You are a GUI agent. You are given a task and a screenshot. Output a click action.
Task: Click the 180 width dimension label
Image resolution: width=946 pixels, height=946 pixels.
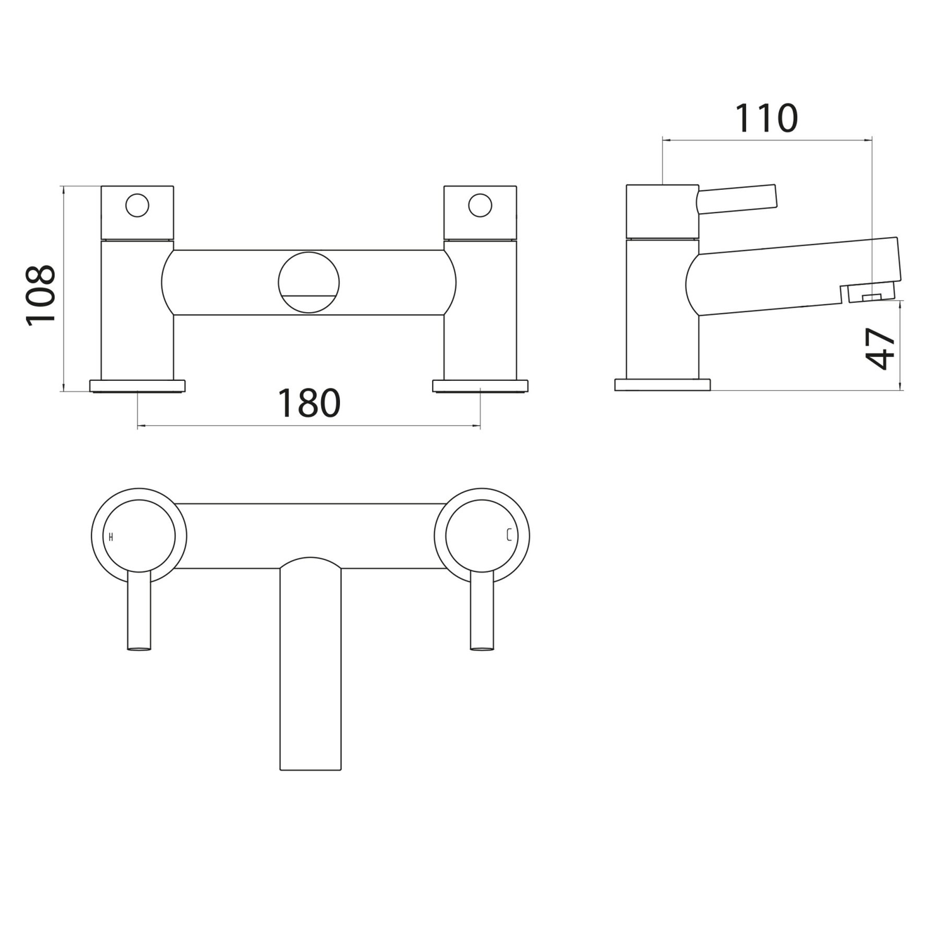(309, 404)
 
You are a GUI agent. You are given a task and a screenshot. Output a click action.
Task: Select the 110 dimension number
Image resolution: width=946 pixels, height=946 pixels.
(766, 119)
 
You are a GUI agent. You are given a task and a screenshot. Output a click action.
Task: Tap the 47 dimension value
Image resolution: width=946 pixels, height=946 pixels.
(881, 348)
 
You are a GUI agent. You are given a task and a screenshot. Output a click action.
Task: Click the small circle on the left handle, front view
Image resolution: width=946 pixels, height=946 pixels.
(137, 206)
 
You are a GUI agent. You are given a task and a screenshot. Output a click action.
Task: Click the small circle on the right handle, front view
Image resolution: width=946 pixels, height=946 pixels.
(480, 206)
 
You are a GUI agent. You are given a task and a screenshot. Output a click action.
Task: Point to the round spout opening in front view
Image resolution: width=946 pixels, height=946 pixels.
(309, 282)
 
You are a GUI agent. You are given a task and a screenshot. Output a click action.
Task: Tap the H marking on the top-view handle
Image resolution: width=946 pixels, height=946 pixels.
(111, 537)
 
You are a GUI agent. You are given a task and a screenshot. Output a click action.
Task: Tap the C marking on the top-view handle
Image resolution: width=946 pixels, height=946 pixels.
(508, 537)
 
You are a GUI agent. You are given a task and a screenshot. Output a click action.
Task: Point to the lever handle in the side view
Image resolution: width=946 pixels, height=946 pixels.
(737, 198)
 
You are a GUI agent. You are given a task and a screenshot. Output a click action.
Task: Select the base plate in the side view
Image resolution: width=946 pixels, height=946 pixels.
(662, 385)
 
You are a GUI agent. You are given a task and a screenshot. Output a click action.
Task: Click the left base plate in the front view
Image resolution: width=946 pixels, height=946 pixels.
(137, 385)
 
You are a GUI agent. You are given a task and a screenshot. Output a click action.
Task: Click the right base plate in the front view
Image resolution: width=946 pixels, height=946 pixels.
(480, 385)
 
